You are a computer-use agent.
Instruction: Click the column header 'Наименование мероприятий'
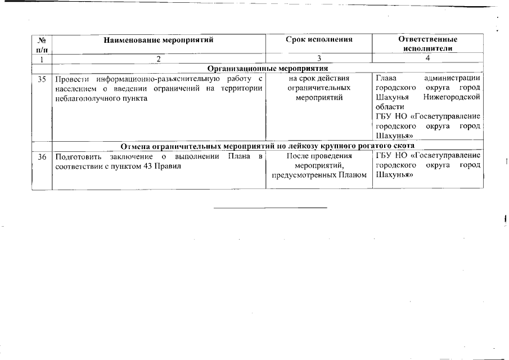coord(159,40)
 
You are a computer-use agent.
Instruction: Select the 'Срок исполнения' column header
coord(319,40)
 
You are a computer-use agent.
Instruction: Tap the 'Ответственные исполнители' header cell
coord(427,44)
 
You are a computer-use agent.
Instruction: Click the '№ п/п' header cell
coord(42,44)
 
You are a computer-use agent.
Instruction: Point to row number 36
coord(42,156)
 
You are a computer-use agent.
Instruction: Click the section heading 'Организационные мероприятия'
coord(267,68)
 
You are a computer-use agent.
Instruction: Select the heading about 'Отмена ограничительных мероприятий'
coord(267,146)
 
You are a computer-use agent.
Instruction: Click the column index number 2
coord(159,58)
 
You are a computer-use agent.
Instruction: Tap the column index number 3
coord(319,58)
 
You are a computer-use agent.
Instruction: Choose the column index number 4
coord(427,58)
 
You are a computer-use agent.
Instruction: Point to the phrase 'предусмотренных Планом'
coord(319,175)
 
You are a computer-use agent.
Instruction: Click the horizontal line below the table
coord(270,208)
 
